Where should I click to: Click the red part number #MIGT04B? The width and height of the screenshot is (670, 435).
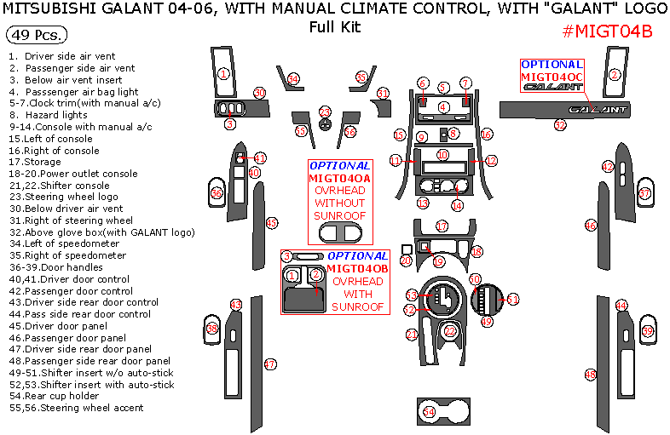pyautogui.click(x=608, y=32)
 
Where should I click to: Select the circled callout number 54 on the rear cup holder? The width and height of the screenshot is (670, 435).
pyautogui.click(x=429, y=412)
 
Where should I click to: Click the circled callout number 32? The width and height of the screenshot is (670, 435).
pyautogui.click(x=560, y=125)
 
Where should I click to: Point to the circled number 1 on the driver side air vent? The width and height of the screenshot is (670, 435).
pyautogui.click(x=223, y=74)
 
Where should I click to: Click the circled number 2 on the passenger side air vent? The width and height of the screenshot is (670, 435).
pyautogui.click(x=614, y=74)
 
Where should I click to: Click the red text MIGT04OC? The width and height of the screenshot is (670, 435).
pyautogui.click(x=552, y=77)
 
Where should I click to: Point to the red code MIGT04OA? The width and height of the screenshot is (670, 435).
pyautogui.click(x=339, y=178)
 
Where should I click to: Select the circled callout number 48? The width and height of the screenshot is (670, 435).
pyautogui.click(x=590, y=375)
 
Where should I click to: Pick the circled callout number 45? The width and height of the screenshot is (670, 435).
pyautogui.click(x=272, y=223)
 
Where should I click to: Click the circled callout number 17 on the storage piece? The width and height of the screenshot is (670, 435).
pyautogui.click(x=442, y=226)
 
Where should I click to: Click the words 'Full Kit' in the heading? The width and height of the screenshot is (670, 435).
pyautogui.click(x=334, y=26)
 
